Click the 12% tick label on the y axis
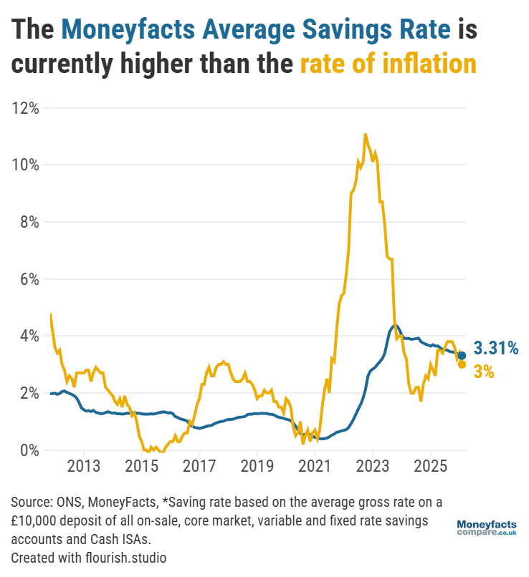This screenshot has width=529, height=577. point(24,108)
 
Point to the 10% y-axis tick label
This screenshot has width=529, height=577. point(24,165)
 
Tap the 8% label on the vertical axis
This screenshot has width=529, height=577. point(28,222)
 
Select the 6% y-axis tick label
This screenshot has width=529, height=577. point(28,279)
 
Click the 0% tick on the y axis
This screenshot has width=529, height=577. point(28,450)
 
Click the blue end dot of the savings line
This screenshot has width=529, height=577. point(462,356)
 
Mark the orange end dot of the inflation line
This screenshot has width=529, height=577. point(462,364)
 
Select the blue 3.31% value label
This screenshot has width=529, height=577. point(495,349)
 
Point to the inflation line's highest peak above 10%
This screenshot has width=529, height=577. point(366,134)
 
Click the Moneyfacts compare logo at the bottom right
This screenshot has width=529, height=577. point(487,529)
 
